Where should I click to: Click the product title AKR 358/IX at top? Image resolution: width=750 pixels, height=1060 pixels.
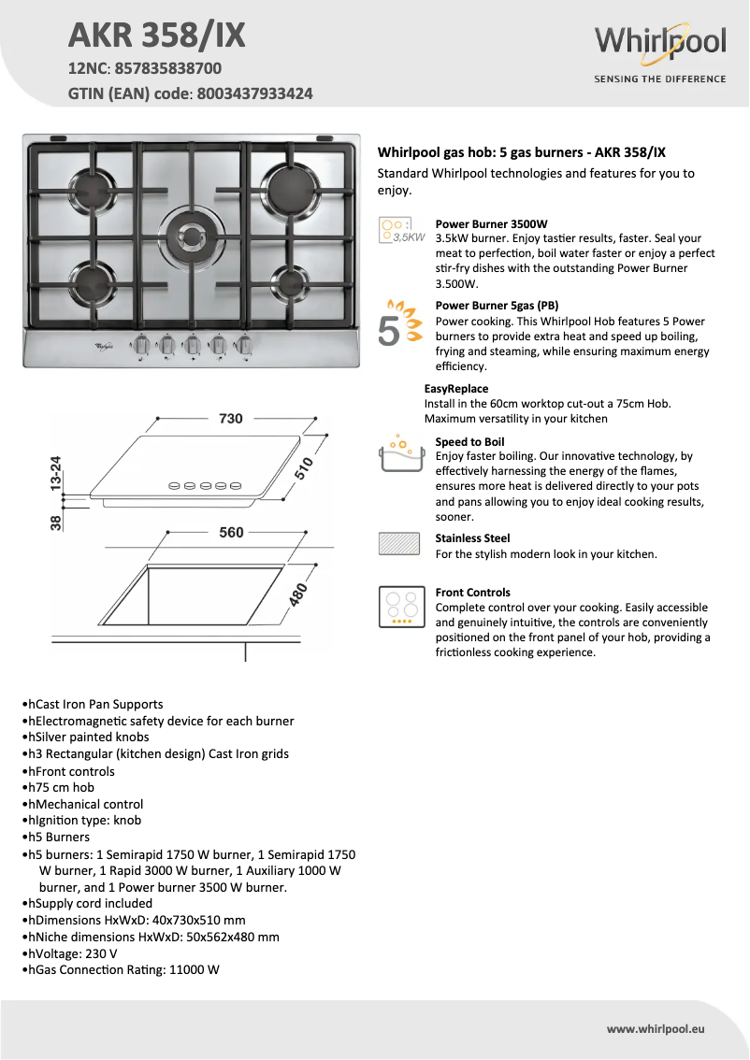click(x=157, y=35)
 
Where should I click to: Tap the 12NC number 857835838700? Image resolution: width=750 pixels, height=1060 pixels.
click(x=168, y=68)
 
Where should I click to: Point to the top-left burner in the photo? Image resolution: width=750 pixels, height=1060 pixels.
click(x=92, y=181)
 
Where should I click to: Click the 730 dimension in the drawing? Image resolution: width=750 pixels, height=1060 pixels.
click(x=231, y=419)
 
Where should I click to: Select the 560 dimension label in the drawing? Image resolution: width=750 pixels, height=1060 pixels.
click(x=231, y=533)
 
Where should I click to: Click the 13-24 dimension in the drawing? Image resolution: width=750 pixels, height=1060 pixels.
click(x=56, y=475)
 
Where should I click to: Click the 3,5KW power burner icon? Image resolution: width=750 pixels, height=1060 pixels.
click(x=401, y=230)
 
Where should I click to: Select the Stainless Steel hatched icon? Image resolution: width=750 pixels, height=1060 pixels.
click(x=399, y=544)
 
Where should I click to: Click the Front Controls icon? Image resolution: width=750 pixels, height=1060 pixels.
click(x=400, y=607)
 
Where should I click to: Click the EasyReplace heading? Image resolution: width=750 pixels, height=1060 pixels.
click(x=456, y=389)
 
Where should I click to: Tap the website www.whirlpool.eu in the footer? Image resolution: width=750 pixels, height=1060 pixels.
click(x=655, y=1028)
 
